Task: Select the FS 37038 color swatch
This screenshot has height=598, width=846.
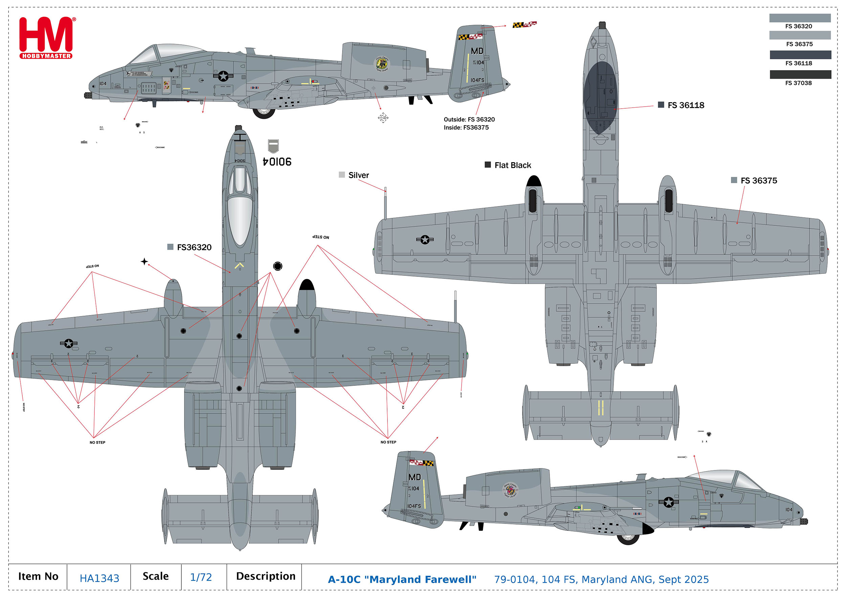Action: pos(800,74)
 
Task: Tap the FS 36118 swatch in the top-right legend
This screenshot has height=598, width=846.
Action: pos(800,55)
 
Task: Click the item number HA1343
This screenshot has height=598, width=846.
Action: pos(99,578)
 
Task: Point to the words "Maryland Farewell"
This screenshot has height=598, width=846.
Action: pos(422,579)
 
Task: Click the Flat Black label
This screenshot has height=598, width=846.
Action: pos(512,165)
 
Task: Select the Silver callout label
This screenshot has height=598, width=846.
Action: pos(358,175)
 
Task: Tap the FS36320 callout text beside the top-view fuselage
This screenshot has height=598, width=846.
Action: pos(194,247)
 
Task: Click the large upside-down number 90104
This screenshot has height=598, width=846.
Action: pos(277,162)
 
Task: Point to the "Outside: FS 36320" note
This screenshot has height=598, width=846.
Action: pos(469,119)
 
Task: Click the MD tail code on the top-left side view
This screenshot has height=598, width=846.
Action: pos(477,51)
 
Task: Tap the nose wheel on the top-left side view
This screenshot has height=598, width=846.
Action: pos(264,111)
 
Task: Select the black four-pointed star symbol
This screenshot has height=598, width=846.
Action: pos(144,262)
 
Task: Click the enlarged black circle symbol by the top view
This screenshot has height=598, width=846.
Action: pos(277,266)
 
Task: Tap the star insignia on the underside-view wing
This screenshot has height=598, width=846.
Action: pos(425,240)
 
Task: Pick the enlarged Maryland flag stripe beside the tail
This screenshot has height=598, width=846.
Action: pos(524,25)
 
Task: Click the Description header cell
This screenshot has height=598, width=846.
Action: pos(265,576)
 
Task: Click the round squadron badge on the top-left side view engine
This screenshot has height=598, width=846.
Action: pos(382,64)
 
